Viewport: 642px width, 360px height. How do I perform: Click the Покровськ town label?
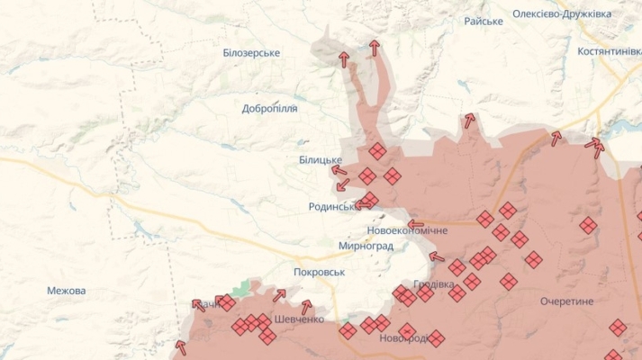(x=320, y=272)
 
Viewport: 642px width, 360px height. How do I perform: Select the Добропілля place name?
(x=269, y=109)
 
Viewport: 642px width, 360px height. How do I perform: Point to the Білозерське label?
(x=251, y=53)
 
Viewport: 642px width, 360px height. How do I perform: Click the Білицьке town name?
(x=321, y=159)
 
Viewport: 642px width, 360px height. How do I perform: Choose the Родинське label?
(x=333, y=206)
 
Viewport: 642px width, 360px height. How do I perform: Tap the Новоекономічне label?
(x=407, y=230)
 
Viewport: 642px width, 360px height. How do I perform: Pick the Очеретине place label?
(x=567, y=301)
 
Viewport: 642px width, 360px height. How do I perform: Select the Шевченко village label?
(x=298, y=319)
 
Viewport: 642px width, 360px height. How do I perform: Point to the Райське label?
(x=484, y=21)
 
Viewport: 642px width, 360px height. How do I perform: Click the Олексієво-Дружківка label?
(x=562, y=14)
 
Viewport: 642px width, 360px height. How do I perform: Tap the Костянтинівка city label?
(x=610, y=52)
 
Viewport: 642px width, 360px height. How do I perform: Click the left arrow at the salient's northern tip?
(x=343, y=59)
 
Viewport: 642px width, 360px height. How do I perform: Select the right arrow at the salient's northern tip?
(x=374, y=48)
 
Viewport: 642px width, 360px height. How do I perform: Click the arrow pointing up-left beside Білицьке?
(x=339, y=169)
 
